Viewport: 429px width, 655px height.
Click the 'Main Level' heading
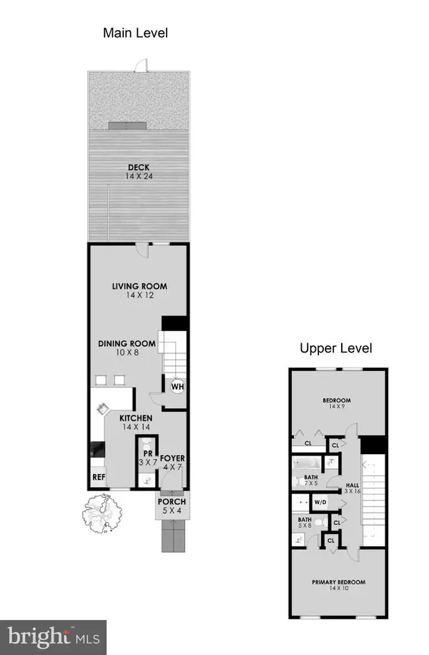pos(135,33)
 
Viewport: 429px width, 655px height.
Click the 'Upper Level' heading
pos(336,349)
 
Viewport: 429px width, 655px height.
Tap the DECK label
pos(139,169)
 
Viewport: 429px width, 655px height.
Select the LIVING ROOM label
pos(144,287)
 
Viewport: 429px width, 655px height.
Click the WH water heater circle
pos(177,386)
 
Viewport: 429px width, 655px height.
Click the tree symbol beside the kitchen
pos(101,513)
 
